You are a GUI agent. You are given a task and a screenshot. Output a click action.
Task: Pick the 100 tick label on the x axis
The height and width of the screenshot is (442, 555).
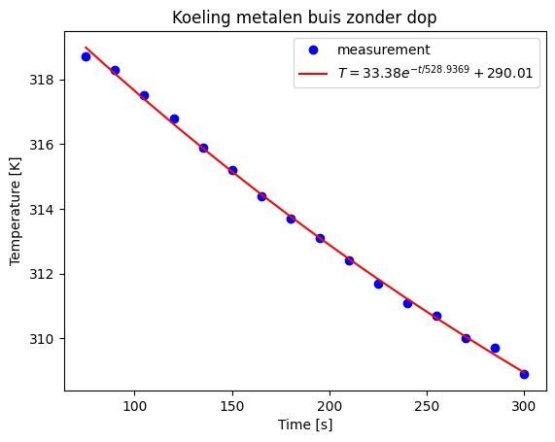tap(134, 404)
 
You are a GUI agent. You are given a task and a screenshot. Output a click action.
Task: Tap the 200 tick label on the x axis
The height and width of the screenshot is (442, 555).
tap(330, 404)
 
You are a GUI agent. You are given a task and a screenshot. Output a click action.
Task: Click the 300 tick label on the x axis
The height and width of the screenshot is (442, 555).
tap(524, 404)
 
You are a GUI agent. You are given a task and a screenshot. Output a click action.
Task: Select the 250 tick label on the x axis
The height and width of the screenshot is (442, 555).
tap(427, 404)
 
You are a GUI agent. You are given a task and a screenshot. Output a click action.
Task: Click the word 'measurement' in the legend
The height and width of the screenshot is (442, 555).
tap(383, 50)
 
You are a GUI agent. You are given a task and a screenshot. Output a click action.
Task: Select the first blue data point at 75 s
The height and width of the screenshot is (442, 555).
tap(86, 56)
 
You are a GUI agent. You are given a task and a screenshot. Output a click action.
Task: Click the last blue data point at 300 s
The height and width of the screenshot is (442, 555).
tap(524, 374)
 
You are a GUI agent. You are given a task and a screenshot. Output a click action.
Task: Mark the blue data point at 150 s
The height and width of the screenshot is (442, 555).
tap(232, 170)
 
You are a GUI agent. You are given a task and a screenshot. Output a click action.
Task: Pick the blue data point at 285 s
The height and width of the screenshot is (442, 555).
tap(495, 348)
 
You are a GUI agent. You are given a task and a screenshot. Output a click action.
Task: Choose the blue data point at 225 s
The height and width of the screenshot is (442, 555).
tap(378, 284)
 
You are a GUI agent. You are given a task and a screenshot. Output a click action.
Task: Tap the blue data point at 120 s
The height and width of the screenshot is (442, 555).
tap(174, 119)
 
